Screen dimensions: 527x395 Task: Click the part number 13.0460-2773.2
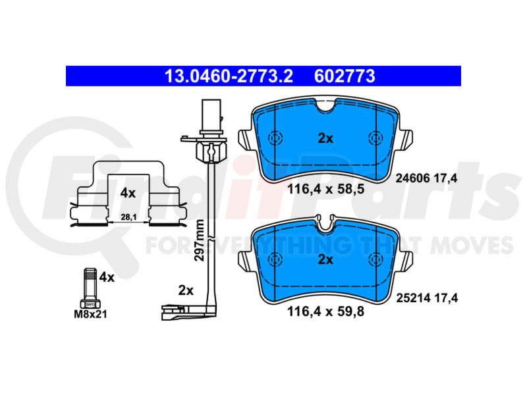(229, 76)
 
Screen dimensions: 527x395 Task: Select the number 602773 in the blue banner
(345, 76)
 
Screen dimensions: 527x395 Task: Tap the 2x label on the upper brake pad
(325, 138)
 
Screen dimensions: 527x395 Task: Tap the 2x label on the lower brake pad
(325, 259)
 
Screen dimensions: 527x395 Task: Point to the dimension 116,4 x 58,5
(325, 189)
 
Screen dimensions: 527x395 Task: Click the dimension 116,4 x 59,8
(325, 311)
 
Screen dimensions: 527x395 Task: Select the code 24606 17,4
(426, 178)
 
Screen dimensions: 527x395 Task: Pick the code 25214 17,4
(427, 298)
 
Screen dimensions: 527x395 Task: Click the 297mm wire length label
(200, 240)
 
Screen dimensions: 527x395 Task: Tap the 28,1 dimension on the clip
(128, 217)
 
